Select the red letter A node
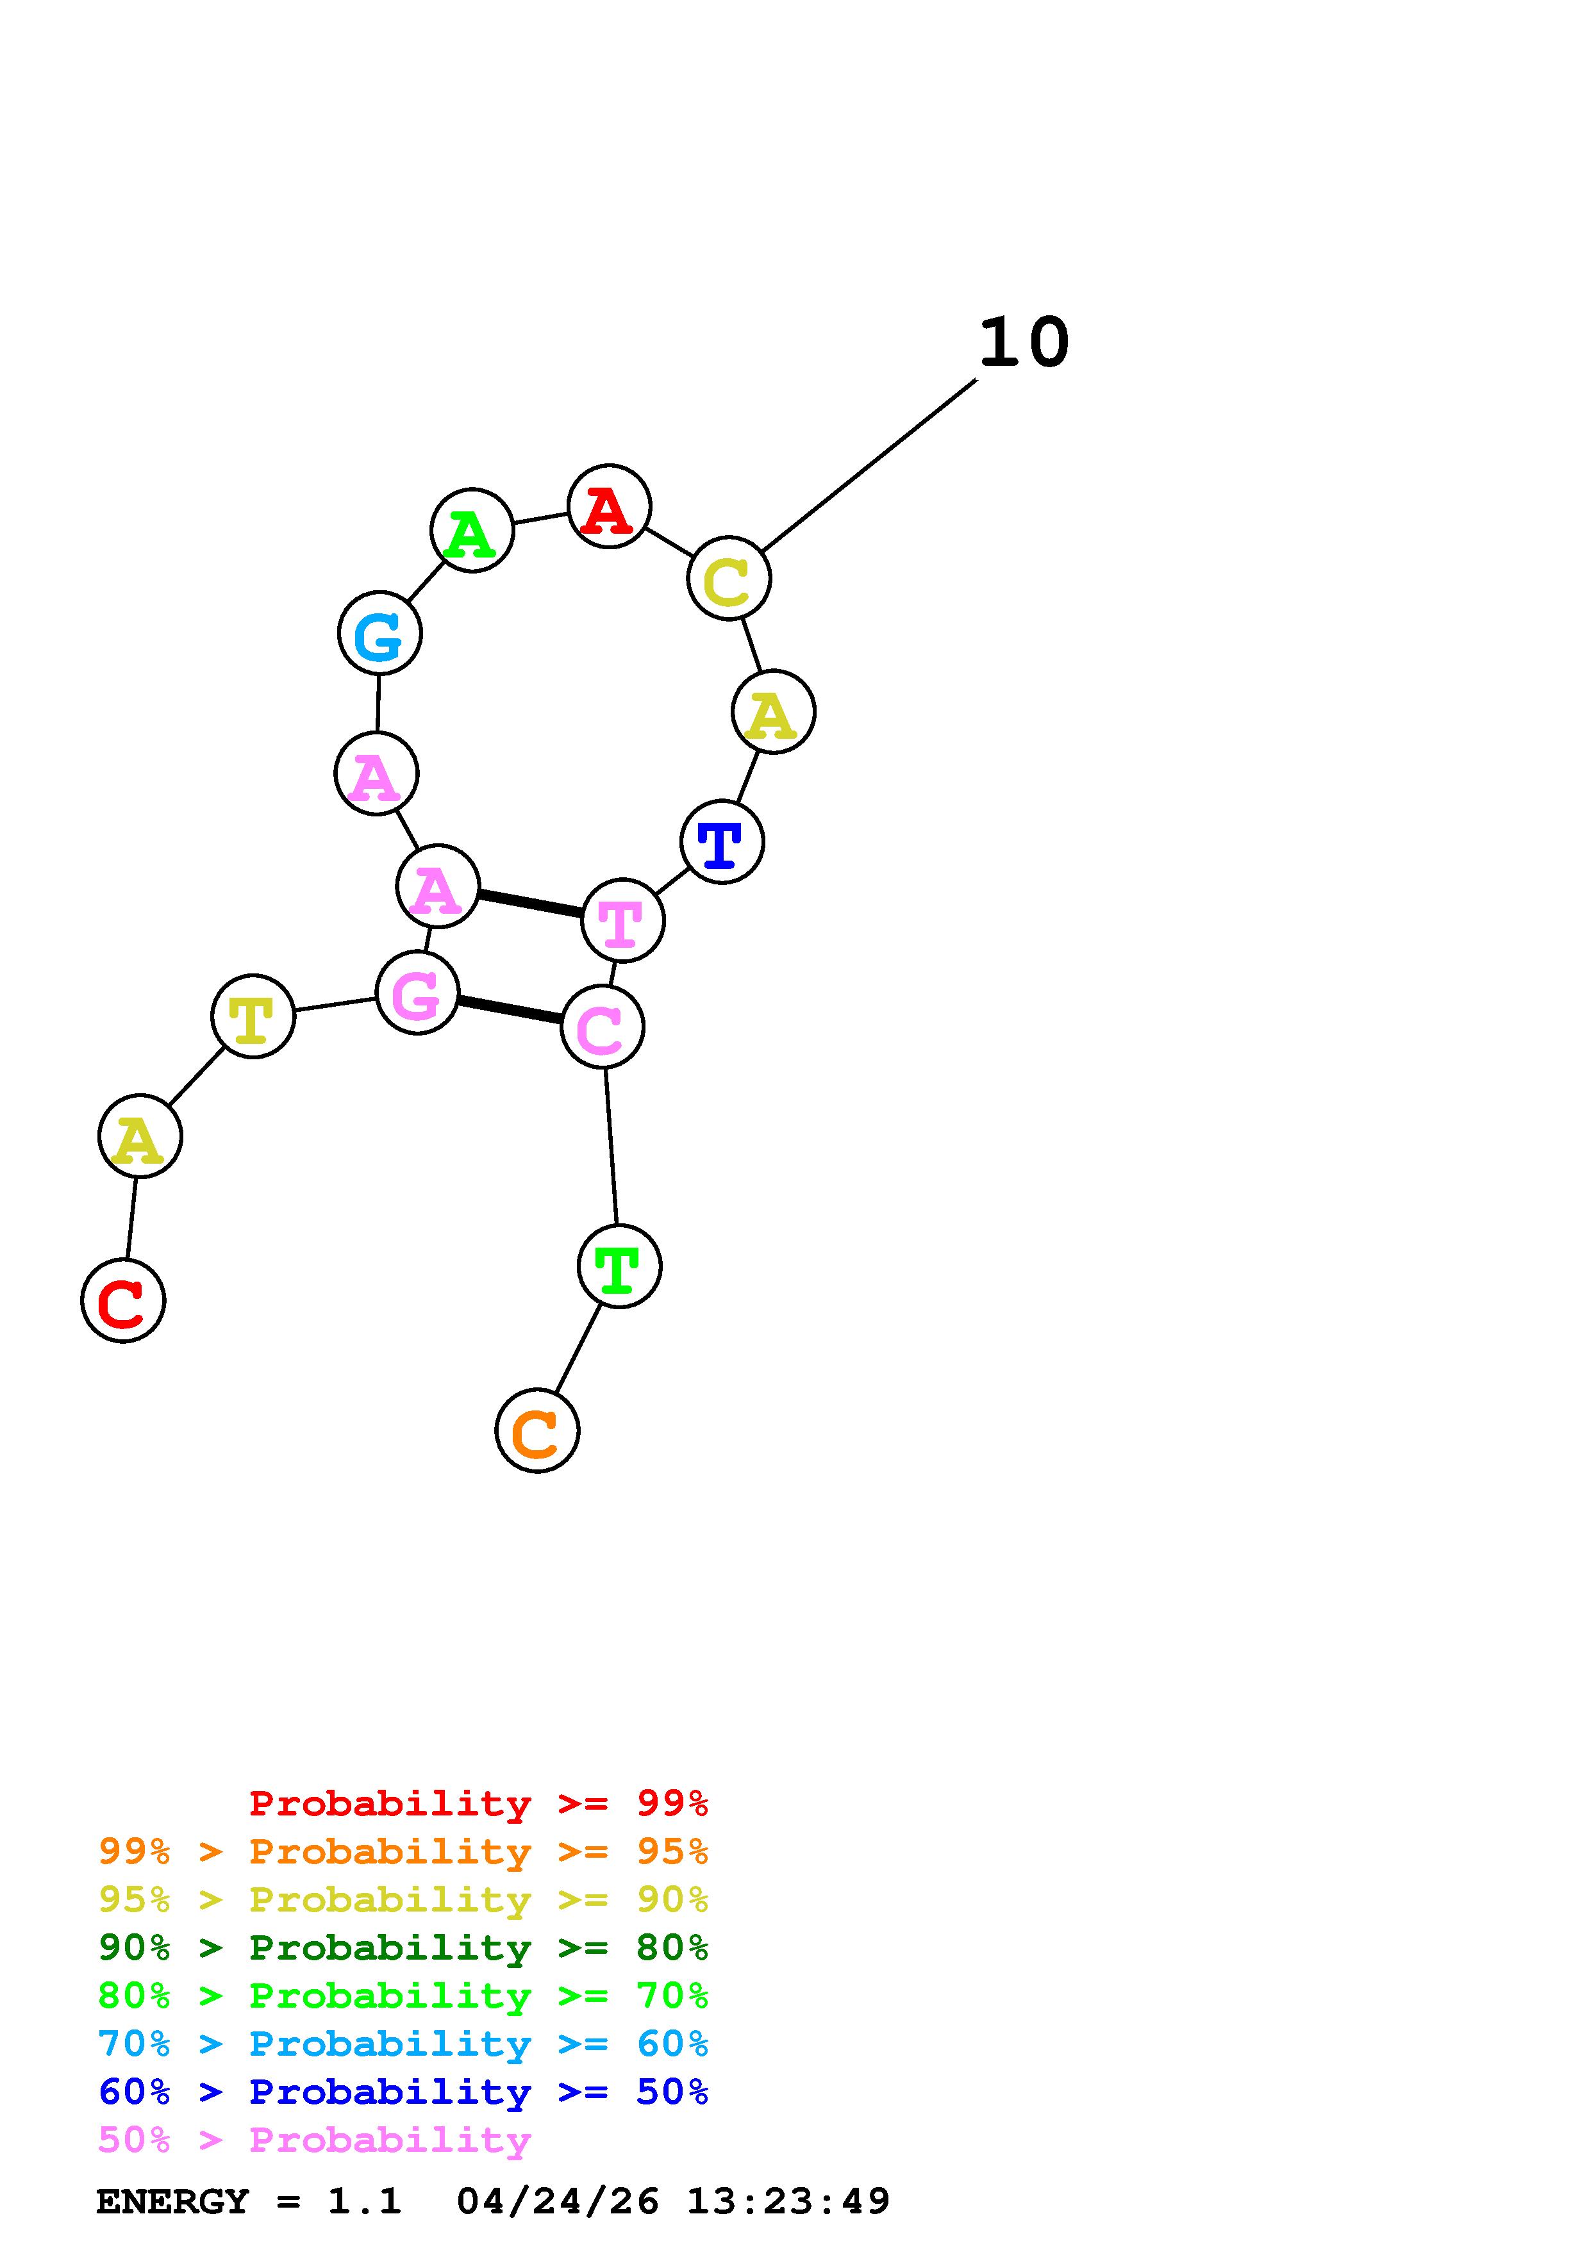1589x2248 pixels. tap(609, 506)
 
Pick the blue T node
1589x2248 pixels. tap(722, 842)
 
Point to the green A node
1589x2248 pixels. tap(472, 530)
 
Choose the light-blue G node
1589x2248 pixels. tap(380, 634)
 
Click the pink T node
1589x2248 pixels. tap(622, 920)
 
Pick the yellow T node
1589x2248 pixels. tap(253, 1016)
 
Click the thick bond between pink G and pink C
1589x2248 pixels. tap(509, 1009)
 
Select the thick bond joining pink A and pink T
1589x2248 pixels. tap(529, 904)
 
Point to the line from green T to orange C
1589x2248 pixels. tap(578, 1348)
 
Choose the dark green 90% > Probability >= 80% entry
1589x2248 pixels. tap(403, 1947)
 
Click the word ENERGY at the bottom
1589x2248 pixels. tap(172, 2201)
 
